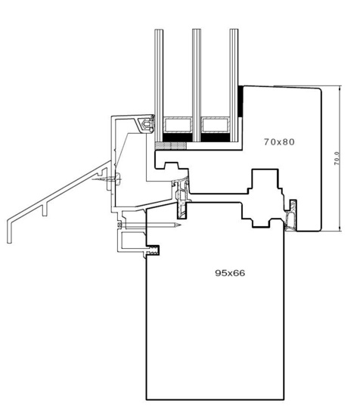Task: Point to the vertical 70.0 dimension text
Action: (337, 161)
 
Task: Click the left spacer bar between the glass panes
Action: (178, 120)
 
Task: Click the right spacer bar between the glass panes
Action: (215, 120)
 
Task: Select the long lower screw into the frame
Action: (151, 225)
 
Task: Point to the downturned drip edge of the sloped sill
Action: (9, 231)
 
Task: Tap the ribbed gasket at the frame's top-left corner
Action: (155, 250)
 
